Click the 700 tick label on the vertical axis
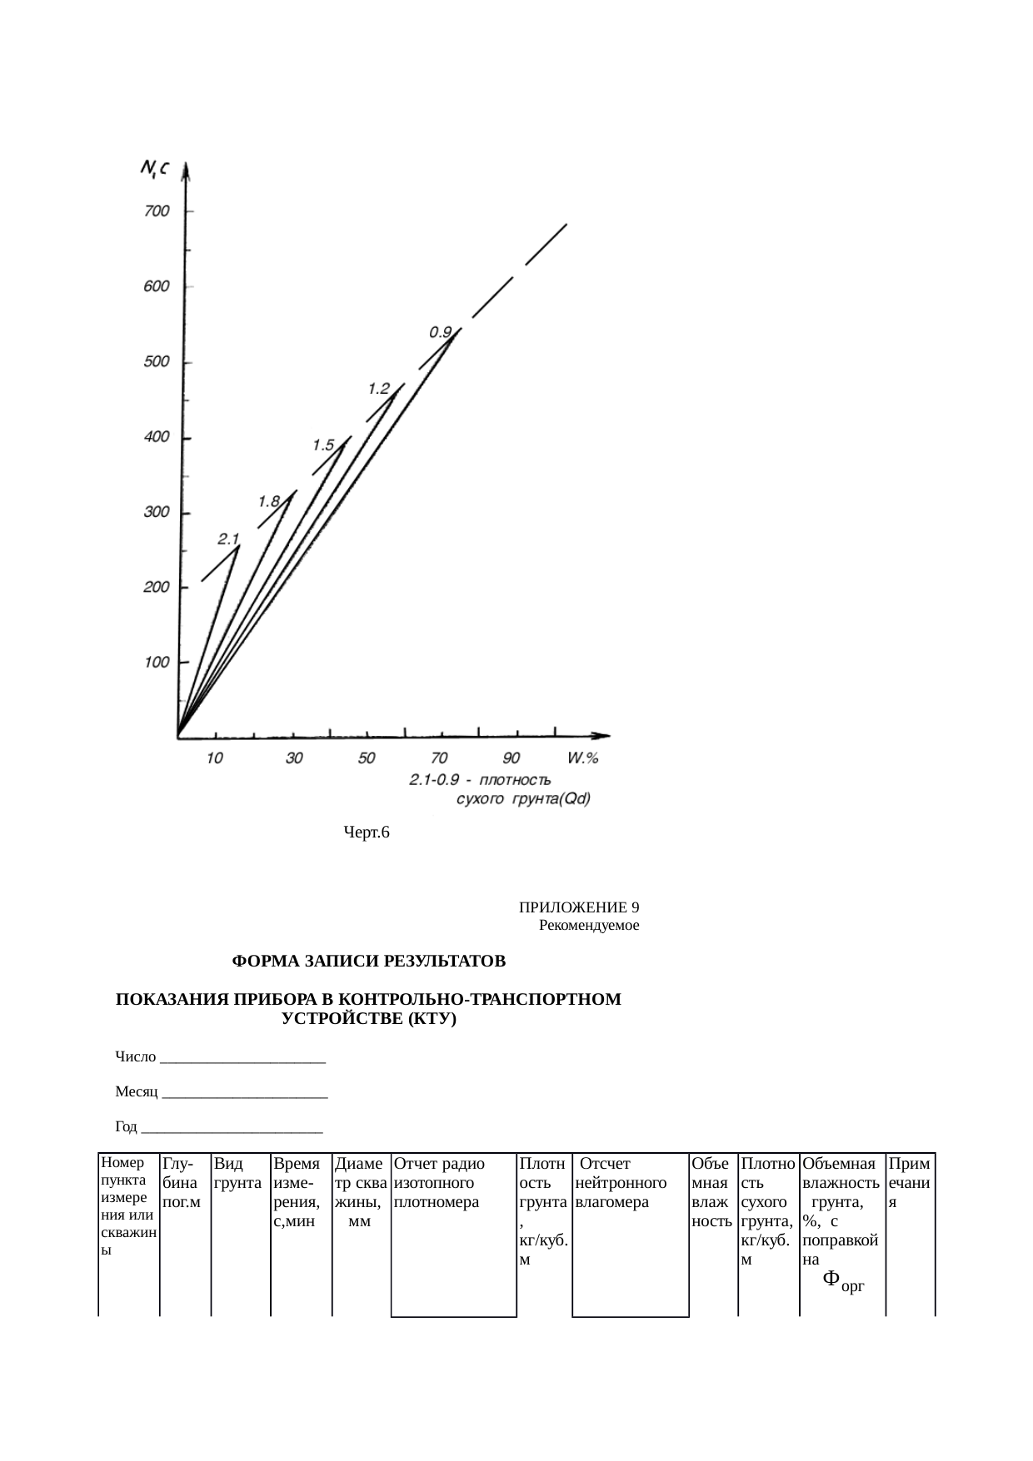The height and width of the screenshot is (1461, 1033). tap(157, 211)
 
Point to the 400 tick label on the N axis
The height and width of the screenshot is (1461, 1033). tap(157, 438)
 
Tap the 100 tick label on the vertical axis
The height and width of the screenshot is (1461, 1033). tap(157, 663)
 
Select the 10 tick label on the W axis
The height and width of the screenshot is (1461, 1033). tap(215, 758)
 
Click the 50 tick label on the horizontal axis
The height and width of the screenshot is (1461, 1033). tap(367, 758)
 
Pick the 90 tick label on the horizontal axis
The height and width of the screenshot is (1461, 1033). tap(512, 758)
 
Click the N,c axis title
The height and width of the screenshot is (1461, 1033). tap(155, 170)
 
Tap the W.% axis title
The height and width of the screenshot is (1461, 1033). tap(583, 758)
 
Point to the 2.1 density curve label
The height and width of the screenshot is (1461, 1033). tap(229, 539)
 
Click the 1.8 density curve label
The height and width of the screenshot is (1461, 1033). tap(269, 501)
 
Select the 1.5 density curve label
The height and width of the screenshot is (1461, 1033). tap(323, 445)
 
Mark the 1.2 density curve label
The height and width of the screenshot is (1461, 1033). tap(379, 388)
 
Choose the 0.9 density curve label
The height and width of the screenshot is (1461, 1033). tap(441, 331)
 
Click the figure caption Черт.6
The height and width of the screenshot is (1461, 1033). tap(367, 832)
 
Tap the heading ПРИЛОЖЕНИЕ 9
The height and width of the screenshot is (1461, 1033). tap(579, 907)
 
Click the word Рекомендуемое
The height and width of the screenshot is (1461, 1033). tap(589, 925)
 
